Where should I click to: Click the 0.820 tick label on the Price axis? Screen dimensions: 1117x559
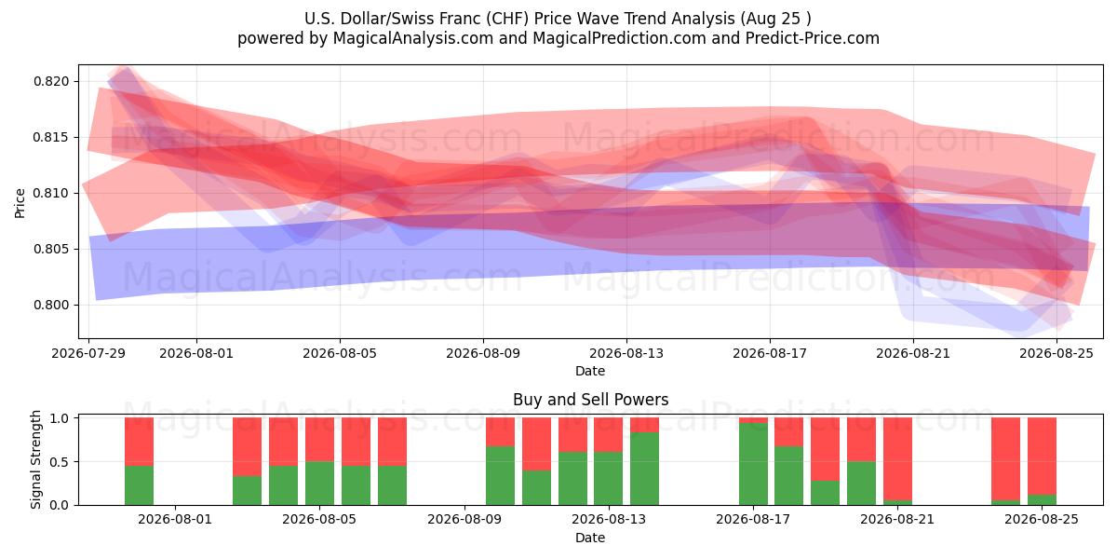[51, 81]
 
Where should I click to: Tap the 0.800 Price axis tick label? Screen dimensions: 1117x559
[51, 305]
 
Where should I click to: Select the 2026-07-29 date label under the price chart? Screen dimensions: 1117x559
[88, 353]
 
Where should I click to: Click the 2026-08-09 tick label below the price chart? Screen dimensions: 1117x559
[483, 353]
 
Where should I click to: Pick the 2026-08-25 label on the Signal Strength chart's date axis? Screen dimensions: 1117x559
[1042, 519]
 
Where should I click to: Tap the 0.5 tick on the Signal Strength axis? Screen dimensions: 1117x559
[60, 462]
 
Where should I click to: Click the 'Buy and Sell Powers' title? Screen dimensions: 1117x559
[590, 400]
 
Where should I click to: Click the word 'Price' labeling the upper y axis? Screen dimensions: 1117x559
[20, 203]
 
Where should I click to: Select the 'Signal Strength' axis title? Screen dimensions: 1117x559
[35, 459]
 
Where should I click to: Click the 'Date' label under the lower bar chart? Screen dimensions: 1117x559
[590, 538]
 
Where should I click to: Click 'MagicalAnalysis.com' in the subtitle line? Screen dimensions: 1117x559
[413, 38]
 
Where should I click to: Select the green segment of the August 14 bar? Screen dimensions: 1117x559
[644, 469]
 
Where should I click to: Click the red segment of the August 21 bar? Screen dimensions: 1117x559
[897, 458]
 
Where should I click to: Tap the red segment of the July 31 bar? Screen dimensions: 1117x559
[139, 442]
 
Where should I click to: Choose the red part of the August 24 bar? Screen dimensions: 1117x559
[1006, 458]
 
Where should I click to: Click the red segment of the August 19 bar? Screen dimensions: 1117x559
[826, 449]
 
